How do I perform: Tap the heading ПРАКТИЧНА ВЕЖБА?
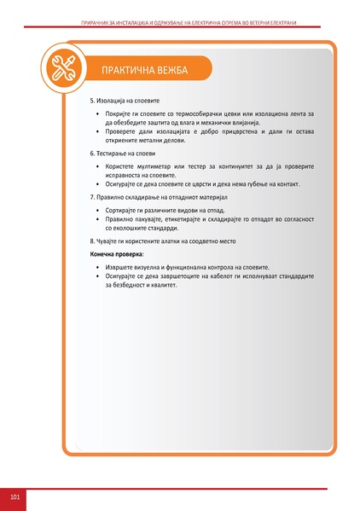pyautogui.click(x=143, y=69)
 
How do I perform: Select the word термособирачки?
pyautogui.click(x=195, y=113)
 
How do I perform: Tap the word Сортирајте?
pyautogui.click(x=125, y=209)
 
